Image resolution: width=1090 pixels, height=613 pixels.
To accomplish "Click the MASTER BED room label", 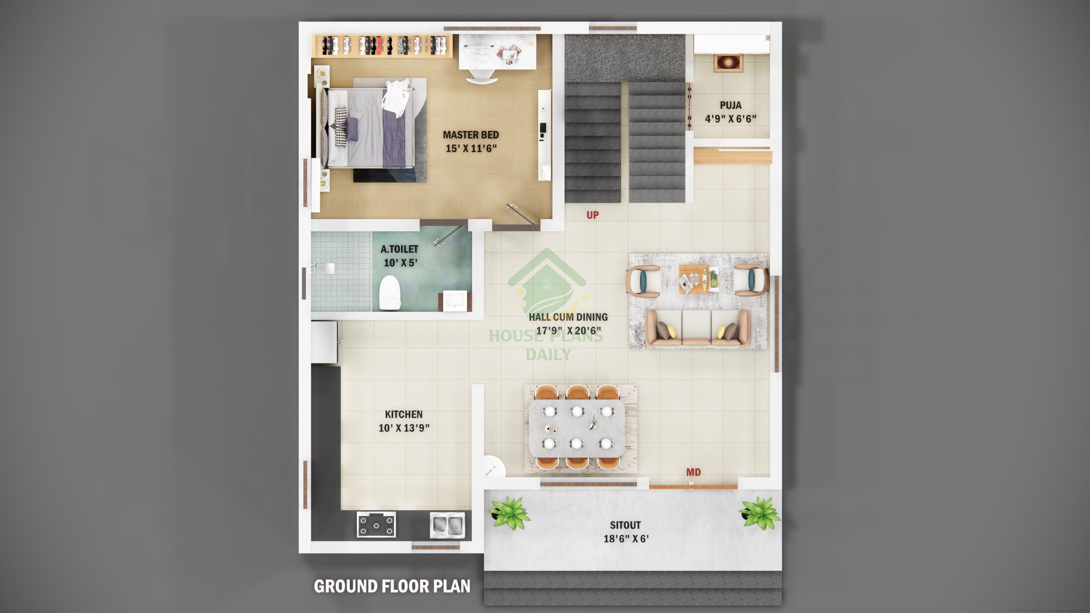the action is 471,135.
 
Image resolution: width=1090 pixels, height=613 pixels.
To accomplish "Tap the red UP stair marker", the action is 592,215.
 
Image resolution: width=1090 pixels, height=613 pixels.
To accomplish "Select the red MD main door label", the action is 693,472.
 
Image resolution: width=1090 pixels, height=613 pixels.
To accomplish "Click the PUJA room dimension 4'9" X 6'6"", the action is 730,119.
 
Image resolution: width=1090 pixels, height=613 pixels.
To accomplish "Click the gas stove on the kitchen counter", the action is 376,524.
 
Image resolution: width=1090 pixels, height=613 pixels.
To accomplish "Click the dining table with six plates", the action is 577,428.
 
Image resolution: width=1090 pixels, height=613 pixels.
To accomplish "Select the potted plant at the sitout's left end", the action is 510,513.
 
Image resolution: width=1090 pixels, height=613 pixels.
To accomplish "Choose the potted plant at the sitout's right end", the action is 760,513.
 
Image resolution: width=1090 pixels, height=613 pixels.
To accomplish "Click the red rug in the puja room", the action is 728,63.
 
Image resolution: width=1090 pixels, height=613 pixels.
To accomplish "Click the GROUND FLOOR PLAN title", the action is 392,586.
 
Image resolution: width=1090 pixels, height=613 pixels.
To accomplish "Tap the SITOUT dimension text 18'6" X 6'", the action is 626,539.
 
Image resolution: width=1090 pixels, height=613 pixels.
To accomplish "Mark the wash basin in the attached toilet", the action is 455,301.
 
